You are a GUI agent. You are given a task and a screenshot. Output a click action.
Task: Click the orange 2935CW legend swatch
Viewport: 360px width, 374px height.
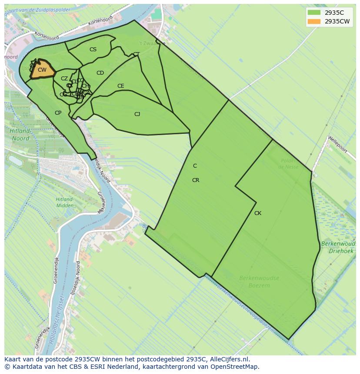(x=313, y=21)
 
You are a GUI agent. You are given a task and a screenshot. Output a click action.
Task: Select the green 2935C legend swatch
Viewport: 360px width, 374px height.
(x=313, y=13)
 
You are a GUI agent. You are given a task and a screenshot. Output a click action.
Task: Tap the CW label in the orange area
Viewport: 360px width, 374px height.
(x=42, y=70)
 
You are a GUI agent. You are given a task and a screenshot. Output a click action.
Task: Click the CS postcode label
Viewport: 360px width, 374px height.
(x=93, y=50)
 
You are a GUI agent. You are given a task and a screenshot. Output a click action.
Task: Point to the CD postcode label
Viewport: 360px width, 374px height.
(x=100, y=73)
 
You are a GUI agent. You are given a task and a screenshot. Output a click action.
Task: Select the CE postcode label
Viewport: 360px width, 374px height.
(x=121, y=86)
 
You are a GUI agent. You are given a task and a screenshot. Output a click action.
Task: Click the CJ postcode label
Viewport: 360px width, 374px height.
(x=137, y=114)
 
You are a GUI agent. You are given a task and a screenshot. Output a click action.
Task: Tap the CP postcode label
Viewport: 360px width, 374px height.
(x=58, y=113)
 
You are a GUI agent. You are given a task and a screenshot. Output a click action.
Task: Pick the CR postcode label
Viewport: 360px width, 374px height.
(x=196, y=180)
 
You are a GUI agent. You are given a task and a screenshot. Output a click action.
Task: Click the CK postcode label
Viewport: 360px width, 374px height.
(x=258, y=213)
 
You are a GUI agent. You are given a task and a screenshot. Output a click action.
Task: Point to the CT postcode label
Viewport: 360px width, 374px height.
(x=136, y=54)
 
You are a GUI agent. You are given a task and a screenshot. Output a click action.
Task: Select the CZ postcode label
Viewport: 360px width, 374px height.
(x=64, y=79)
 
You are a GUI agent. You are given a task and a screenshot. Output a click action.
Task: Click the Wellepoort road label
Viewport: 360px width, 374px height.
(x=338, y=145)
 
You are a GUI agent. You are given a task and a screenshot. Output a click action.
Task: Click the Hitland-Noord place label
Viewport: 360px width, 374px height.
(x=20, y=135)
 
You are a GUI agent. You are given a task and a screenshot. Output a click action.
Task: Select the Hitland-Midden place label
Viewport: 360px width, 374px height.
(x=64, y=202)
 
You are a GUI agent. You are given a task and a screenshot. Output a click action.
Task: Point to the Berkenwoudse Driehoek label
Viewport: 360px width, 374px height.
(x=338, y=248)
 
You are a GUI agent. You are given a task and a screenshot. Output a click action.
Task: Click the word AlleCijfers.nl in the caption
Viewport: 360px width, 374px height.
(x=229, y=359)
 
